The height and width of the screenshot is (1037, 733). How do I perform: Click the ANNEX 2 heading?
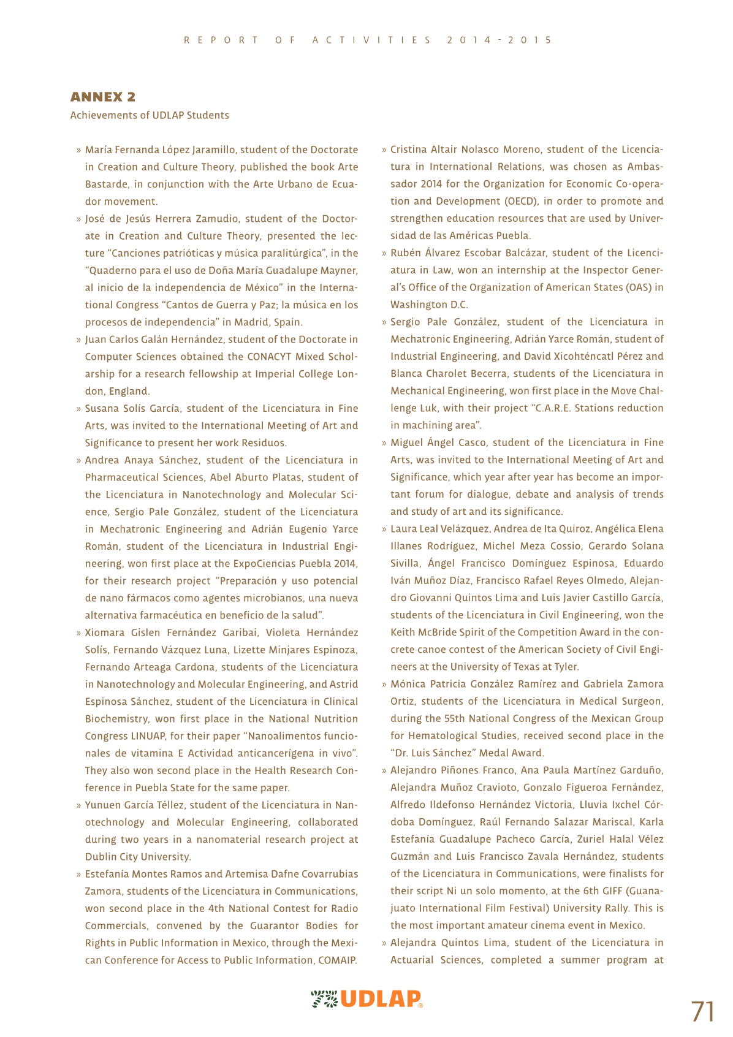(103, 97)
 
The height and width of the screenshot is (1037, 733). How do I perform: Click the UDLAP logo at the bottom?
(366, 999)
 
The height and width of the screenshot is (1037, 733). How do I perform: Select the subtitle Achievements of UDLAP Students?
(150, 115)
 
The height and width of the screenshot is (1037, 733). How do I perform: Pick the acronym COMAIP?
(338, 960)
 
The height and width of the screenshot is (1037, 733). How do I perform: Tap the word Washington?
(418, 305)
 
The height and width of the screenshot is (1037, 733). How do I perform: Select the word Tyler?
(566, 667)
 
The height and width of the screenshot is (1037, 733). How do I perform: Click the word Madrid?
(252, 322)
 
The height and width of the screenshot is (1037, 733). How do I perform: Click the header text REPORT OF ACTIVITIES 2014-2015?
(367, 40)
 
